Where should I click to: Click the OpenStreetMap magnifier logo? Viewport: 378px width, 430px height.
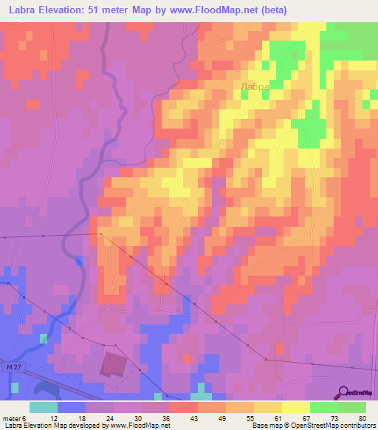343,392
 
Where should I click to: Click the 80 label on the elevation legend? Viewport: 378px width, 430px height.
362,417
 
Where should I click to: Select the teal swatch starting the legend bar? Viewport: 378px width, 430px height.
44,407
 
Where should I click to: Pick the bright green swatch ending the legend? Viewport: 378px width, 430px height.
352,407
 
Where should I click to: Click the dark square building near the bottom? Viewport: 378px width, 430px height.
113,364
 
